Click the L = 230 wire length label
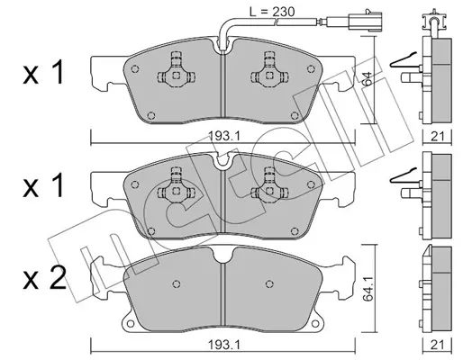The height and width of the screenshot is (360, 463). click(272, 12)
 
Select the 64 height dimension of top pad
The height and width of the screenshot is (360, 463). click(367, 79)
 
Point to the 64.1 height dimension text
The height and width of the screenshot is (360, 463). click(368, 289)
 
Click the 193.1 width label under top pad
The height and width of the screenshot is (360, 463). click(223, 137)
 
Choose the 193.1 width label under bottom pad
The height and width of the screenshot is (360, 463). click(223, 346)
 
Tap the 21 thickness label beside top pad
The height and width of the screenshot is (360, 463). click(437, 137)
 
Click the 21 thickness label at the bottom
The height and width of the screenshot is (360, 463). click(437, 346)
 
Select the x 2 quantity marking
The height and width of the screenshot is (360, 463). click(45, 279)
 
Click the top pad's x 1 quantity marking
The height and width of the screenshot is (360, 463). click(43, 72)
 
